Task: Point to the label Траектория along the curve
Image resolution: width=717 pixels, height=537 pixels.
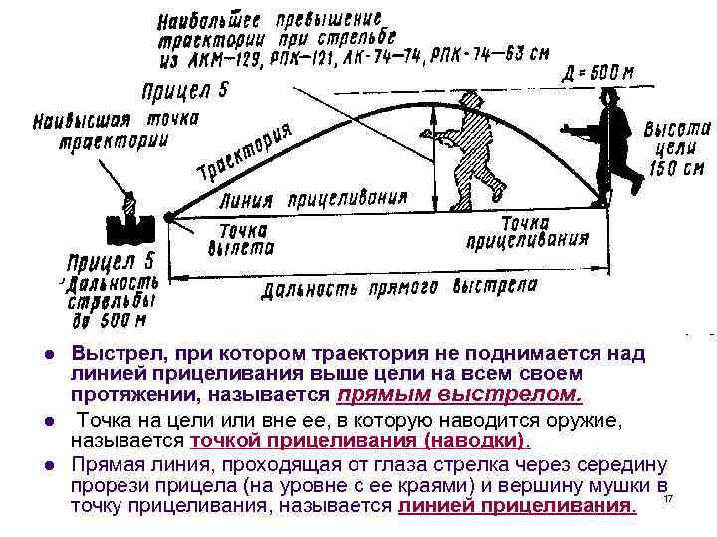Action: click(245, 154)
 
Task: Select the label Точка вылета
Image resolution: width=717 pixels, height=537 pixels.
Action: click(240, 239)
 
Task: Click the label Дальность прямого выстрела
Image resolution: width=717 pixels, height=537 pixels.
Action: click(399, 289)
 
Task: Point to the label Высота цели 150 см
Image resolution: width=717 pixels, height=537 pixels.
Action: click(677, 148)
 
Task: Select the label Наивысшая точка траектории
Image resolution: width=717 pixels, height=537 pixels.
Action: click(115, 129)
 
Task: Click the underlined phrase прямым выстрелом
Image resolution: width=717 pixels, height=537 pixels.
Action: click(459, 395)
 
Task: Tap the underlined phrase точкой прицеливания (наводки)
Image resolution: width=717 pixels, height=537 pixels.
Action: click(359, 441)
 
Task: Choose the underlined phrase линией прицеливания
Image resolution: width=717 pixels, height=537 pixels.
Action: click(516, 506)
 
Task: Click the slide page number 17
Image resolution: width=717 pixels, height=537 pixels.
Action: click(668, 497)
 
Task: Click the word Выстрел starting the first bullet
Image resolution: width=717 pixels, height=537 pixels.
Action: click(109, 354)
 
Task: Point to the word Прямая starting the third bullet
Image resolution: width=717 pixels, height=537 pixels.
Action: click(109, 464)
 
